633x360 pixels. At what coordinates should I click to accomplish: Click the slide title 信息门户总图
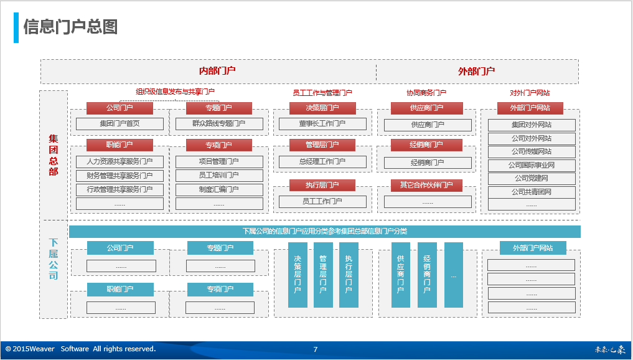70,27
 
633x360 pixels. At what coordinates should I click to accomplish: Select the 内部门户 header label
217,71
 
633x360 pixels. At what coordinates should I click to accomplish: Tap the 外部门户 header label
476,71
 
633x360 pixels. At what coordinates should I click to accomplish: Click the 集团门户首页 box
120,124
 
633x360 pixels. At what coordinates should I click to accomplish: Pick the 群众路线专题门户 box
219,124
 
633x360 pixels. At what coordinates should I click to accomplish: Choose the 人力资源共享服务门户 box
120,162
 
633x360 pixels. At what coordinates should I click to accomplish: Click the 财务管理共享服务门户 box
120,176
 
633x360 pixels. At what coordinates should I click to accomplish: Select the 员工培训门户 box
219,176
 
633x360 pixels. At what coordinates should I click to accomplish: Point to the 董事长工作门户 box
322,124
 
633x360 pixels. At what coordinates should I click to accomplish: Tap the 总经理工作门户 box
322,162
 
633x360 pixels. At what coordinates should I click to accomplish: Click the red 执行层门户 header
322,185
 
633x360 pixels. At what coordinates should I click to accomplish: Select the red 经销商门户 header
426,145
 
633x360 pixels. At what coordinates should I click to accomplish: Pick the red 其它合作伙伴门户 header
426,185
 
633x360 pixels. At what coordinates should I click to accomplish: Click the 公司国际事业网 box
531,166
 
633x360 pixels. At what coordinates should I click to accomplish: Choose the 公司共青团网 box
531,192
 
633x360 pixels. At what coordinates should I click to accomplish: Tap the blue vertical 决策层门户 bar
298,275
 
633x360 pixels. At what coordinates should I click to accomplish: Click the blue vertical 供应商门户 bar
400,275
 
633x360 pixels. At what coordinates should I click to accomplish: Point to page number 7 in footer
316,349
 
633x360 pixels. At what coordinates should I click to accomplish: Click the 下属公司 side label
54,258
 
